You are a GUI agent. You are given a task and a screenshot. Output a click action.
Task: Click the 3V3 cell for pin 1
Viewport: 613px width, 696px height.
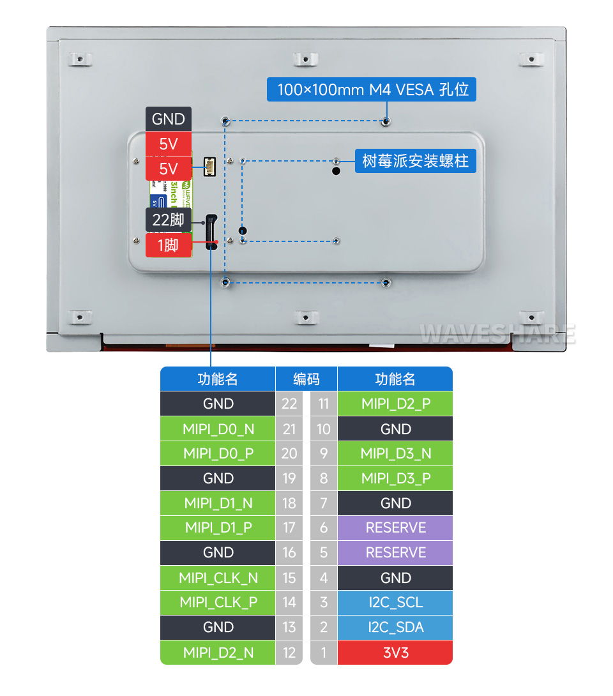tap(395, 653)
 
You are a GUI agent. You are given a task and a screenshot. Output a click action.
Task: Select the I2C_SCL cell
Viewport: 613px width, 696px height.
tap(395, 602)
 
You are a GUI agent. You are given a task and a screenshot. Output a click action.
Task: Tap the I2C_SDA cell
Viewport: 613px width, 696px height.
tap(395, 627)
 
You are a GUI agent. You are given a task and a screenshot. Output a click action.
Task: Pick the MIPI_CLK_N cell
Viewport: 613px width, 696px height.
tap(218, 578)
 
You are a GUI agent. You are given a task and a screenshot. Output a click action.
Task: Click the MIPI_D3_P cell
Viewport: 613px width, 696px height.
tap(395, 478)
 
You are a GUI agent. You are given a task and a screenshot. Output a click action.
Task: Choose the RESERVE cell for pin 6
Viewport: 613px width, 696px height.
tap(395, 527)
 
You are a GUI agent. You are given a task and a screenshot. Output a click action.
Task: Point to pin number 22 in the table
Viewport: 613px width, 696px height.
tap(289, 404)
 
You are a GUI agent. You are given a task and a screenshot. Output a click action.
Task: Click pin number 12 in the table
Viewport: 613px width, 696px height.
tap(289, 653)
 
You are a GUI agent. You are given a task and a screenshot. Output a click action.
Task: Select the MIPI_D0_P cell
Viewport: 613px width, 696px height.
tap(218, 453)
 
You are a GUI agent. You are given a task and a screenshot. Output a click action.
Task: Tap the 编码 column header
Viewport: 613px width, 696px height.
tap(306, 379)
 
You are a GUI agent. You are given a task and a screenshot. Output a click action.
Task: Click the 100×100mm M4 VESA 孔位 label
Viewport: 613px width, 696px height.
tap(373, 89)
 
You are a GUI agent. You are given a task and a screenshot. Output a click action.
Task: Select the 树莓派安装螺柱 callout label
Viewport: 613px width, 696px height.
tap(415, 160)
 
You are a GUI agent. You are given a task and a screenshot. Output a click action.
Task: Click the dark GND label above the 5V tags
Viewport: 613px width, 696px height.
tap(169, 119)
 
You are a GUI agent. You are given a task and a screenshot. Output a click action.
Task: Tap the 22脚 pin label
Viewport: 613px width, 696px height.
tap(169, 220)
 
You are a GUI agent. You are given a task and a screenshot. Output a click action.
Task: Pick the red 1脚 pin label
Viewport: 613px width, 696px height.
tap(169, 245)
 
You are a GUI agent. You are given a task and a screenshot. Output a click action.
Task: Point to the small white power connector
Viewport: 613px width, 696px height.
tap(209, 167)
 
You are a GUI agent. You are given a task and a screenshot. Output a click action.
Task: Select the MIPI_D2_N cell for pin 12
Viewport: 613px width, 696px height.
tap(218, 653)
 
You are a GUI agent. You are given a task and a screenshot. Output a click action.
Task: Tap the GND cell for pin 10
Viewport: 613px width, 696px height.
tap(395, 428)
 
